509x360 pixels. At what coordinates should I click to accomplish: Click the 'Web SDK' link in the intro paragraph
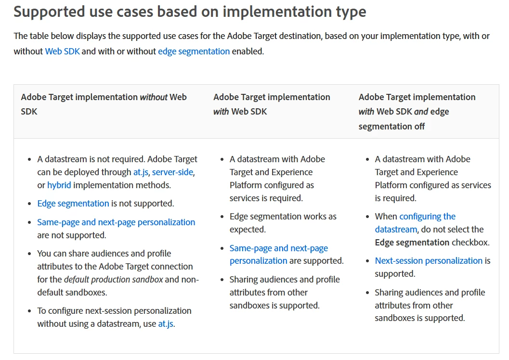pyautogui.click(x=62, y=51)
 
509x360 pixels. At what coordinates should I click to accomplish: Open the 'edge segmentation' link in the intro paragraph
pyautogui.click(x=194, y=51)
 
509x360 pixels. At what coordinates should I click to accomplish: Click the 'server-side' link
pyautogui.click(x=173, y=172)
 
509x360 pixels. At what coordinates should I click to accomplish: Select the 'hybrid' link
pyautogui.click(x=59, y=185)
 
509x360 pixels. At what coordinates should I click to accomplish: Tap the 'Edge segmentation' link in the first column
pyautogui.click(x=73, y=204)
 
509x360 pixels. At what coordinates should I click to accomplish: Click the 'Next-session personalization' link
pyautogui.click(x=429, y=261)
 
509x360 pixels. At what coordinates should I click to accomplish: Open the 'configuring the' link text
pyautogui.click(x=428, y=216)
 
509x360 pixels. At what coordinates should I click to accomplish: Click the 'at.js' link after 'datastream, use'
pyautogui.click(x=166, y=324)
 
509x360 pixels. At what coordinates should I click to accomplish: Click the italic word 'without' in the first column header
pyautogui.click(x=154, y=97)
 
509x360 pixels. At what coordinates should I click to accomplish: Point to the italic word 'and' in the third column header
pyautogui.click(x=421, y=112)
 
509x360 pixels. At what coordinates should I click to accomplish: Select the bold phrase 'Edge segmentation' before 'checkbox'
pyautogui.click(x=412, y=243)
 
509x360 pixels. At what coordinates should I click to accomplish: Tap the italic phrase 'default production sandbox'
pyautogui.click(x=114, y=280)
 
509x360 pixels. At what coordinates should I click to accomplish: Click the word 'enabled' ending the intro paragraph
pyautogui.click(x=248, y=51)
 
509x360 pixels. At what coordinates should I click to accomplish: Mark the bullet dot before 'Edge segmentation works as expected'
pyautogui.click(x=222, y=217)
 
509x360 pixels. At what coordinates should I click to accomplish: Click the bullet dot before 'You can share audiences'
pyautogui.click(x=29, y=254)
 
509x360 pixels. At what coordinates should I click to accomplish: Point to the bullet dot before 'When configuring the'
pyautogui.click(x=367, y=217)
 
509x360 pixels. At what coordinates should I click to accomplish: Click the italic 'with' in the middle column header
pyautogui.click(x=221, y=112)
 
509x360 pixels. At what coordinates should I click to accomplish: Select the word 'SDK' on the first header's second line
pyautogui.click(x=29, y=112)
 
